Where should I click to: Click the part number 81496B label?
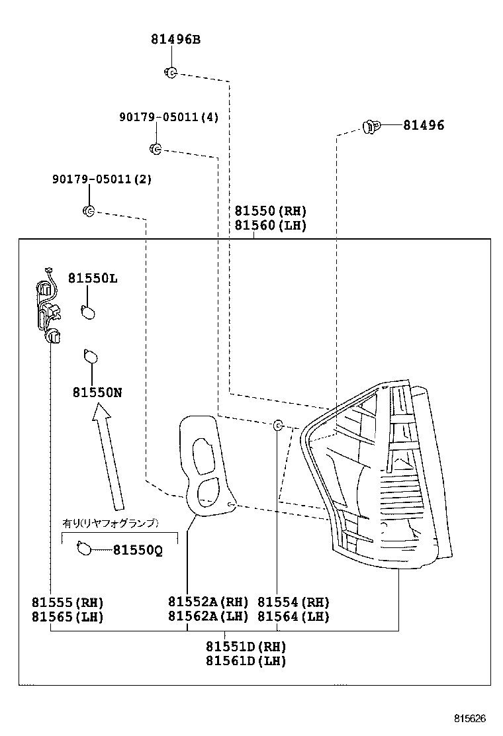click(175, 39)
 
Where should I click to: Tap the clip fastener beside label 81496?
click(371, 126)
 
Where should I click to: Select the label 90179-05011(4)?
click(169, 116)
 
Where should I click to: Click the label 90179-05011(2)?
click(102, 179)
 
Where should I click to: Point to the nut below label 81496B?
click(171, 73)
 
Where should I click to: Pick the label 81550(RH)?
click(270, 210)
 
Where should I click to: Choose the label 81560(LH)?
click(270, 225)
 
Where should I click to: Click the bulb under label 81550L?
click(88, 312)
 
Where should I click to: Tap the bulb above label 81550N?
click(91, 356)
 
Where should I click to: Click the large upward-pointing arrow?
click(108, 457)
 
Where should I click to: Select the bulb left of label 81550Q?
click(84, 548)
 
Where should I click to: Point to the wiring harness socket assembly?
click(48, 307)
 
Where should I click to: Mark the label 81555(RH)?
click(68, 602)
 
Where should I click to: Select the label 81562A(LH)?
click(208, 616)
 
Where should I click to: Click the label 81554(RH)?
click(294, 602)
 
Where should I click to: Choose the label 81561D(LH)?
click(246, 661)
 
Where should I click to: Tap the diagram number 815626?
click(470, 719)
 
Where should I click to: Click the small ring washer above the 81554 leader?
click(278, 426)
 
